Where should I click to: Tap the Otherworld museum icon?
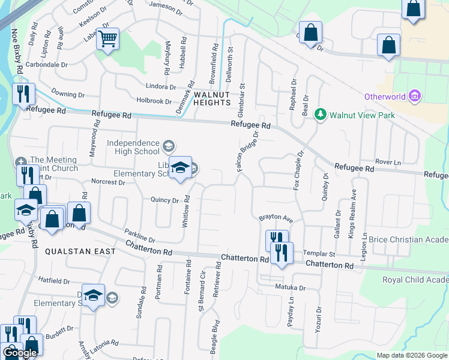pos(414,96)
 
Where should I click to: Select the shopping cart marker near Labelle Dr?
pos(108,39)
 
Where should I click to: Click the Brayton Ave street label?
pos(275,218)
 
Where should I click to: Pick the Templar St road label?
pos(319,254)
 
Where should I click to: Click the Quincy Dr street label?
pos(165,200)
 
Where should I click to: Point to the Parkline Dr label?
pos(140,234)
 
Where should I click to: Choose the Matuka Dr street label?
pos(291,288)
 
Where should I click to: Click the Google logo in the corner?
pos(21,353)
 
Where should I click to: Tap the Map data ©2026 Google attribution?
pos(412,355)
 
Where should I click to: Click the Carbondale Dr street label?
pos(46,64)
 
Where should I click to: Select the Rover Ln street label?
pos(387,163)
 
